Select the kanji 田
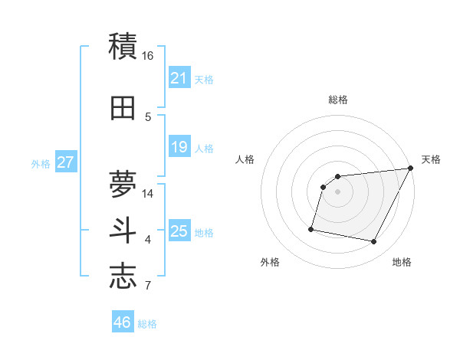point(123,108)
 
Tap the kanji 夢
point(123,181)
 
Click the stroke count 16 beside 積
point(148,56)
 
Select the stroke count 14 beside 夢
point(148,194)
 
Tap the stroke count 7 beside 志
point(148,286)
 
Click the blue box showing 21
point(179,78)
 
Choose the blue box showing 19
point(179,147)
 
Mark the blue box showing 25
point(179,231)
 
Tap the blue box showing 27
point(65,162)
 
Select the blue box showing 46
point(122,322)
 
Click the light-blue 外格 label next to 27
point(41,164)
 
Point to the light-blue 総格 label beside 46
point(147,324)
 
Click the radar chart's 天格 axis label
point(431,159)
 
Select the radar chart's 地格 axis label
point(402,262)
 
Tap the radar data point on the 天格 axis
point(410,169)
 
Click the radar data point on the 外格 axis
point(311,228)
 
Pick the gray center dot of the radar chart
point(337,191)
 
